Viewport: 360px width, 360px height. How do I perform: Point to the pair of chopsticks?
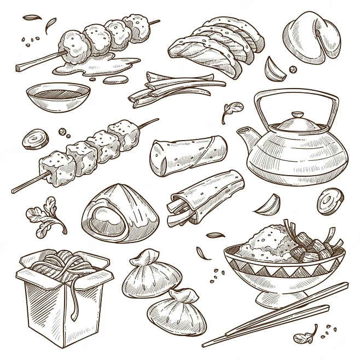pos(274,316)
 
